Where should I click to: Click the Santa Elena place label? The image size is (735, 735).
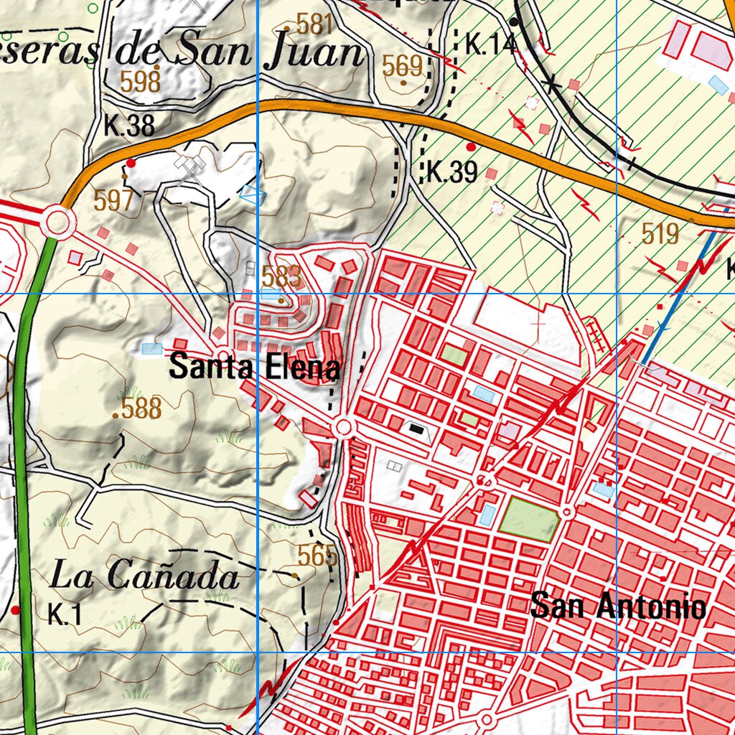[254, 367]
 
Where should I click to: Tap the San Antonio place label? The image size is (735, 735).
[618, 607]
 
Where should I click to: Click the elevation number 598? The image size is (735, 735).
[140, 83]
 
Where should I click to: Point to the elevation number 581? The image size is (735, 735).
[314, 25]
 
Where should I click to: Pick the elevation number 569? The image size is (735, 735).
[402, 66]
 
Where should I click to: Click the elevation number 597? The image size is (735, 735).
[113, 201]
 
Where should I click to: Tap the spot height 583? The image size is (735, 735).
[281, 276]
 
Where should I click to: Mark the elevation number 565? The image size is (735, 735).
[317, 556]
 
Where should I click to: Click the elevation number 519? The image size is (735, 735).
[660, 234]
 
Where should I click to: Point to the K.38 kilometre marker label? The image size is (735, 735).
[129, 126]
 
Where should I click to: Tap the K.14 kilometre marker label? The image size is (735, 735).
[490, 45]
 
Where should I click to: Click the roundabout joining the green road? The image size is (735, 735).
[57, 222]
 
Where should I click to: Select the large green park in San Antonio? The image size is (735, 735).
[528, 518]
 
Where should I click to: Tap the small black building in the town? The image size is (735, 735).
[416, 429]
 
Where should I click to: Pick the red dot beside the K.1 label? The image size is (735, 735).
[16, 610]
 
